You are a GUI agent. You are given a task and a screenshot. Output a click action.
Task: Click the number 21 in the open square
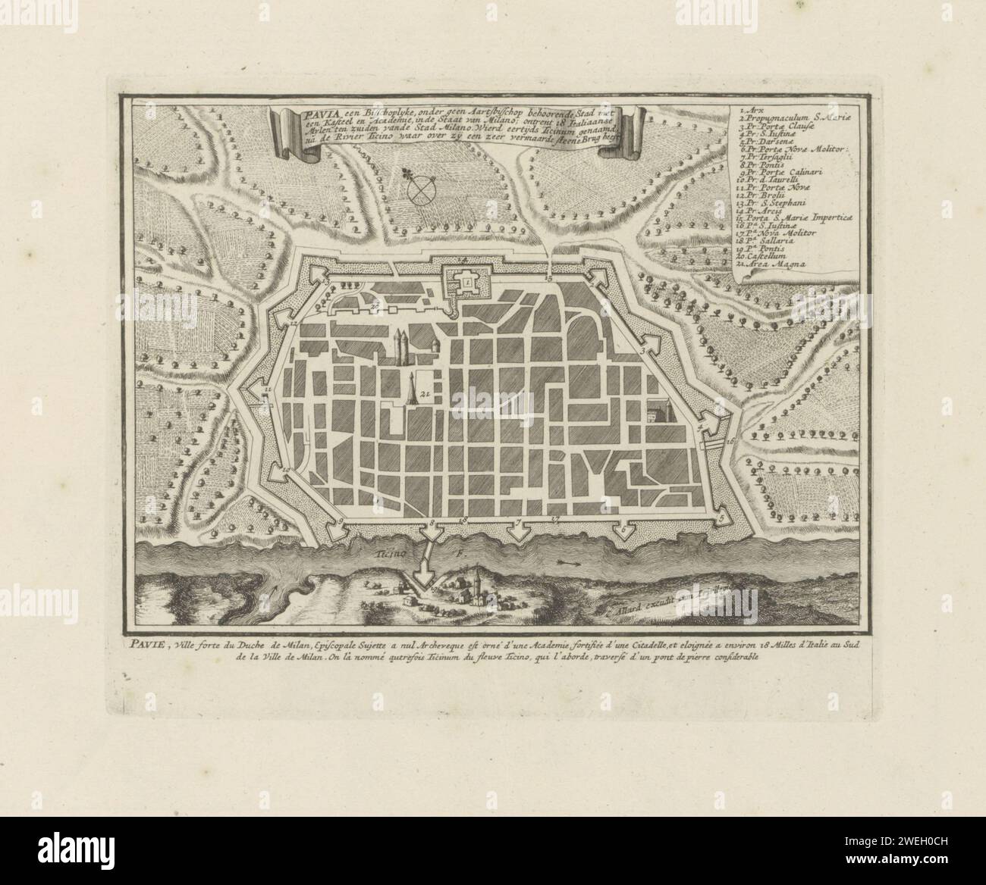[x=425, y=392]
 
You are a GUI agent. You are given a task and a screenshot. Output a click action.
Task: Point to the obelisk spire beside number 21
[x=412, y=386]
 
